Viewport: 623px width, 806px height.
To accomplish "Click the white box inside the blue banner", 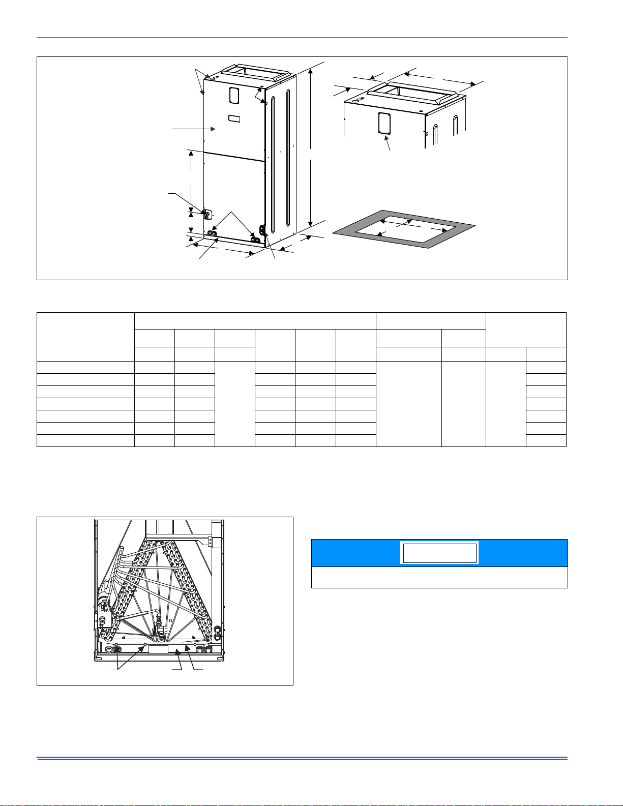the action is coord(439,553).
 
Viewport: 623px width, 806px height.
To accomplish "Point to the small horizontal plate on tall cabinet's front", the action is coord(234,119).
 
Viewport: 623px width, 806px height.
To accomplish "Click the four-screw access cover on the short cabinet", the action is coord(384,124).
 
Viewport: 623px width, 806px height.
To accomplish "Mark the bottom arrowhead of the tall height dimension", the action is coord(311,225).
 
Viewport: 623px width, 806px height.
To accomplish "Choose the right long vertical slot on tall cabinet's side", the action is coord(288,158).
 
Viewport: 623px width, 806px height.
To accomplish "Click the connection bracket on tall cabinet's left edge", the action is coord(207,214).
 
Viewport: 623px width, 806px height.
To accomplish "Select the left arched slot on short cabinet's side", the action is coord(434,132).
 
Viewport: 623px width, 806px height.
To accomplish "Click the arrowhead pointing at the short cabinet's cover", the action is coord(387,138).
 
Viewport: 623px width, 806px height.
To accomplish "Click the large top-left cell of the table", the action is coord(85,336).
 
